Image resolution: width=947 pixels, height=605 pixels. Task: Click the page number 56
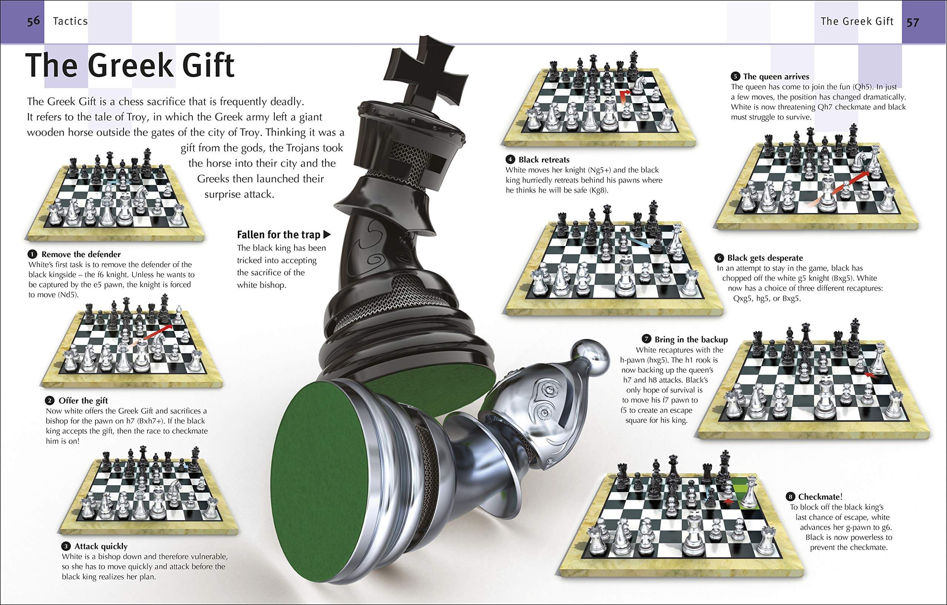(x=33, y=21)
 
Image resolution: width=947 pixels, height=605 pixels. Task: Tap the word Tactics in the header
(x=70, y=21)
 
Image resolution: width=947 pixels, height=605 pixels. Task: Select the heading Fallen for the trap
(x=279, y=235)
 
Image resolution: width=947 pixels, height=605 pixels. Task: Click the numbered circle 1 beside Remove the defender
(x=32, y=254)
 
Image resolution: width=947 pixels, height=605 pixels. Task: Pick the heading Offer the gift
(x=83, y=400)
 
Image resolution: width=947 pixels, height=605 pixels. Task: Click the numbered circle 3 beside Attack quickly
(x=66, y=547)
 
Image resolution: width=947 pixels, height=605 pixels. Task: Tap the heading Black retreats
(x=544, y=160)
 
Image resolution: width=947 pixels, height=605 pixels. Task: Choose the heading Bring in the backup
(x=691, y=339)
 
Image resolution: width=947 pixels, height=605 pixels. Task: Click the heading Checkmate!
(x=820, y=497)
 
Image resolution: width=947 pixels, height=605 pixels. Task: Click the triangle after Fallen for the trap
(x=326, y=235)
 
